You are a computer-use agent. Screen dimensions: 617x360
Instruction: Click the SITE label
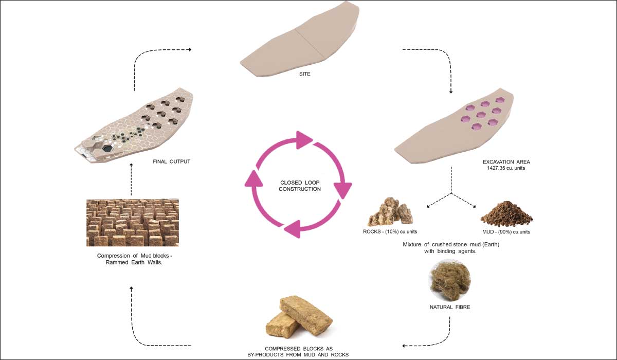click(304, 74)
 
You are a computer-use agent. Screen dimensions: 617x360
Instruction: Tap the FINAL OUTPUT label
click(172, 161)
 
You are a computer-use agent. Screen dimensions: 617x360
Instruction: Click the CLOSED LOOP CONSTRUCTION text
click(300, 186)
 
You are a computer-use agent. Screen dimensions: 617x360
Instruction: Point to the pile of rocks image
click(390, 211)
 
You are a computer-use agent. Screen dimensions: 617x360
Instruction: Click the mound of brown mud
click(506, 214)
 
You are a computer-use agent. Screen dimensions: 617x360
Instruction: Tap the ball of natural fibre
click(450, 280)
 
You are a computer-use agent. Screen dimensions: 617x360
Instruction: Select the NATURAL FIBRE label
click(450, 307)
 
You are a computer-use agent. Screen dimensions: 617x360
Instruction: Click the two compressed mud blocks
click(299, 317)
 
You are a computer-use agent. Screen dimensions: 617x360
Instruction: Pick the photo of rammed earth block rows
click(133, 223)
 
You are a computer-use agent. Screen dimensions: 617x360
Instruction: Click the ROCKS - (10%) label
click(390, 231)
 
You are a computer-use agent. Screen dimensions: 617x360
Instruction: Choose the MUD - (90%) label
click(506, 232)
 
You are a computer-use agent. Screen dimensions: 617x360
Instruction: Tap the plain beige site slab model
click(300, 41)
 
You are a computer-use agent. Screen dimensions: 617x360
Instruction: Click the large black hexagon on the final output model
click(107, 148)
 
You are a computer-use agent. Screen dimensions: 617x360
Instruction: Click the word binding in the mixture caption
click(446, 251)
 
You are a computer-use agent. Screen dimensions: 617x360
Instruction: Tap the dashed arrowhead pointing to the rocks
click(428, 206)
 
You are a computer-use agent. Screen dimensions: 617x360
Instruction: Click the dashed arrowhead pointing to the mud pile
click(474, 206)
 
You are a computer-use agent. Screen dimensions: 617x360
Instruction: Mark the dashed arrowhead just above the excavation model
click(451, 92)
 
